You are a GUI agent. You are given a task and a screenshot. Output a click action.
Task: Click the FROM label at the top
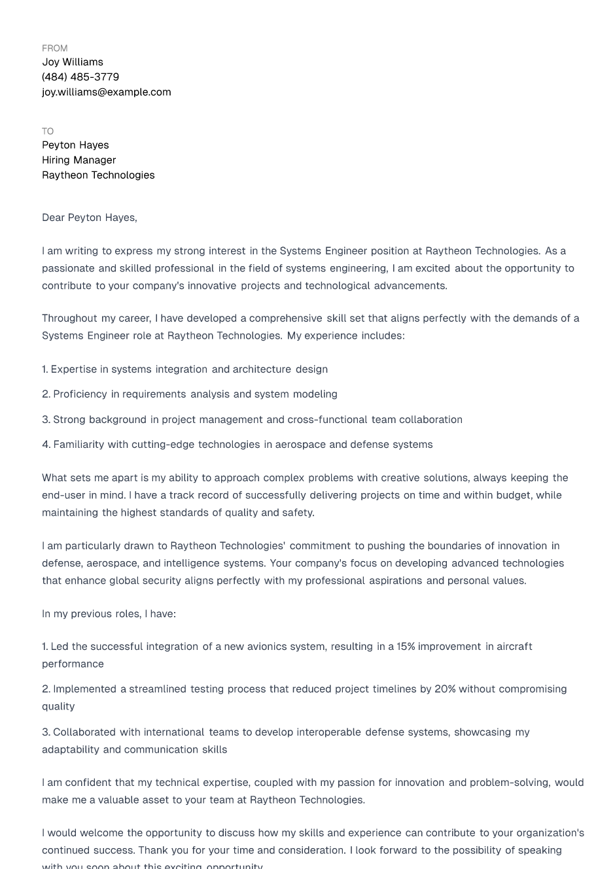tap(54, 48)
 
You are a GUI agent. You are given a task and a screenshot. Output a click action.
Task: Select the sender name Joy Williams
tap(73, 62)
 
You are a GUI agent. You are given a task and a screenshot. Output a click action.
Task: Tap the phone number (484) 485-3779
tap(80, 77)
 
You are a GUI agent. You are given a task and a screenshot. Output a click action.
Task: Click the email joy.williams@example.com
tap(107, 92)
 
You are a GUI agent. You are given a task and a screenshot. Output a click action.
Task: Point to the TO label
tap(48, 131)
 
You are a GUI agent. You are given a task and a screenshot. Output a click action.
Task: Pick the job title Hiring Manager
tap(79, 160)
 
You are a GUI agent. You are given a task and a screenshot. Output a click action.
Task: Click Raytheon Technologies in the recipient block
tap(98, 175)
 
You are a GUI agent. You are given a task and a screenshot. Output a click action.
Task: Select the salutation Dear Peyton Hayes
tap(89, 218)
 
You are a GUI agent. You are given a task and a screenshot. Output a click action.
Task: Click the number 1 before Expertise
tap(44, 369)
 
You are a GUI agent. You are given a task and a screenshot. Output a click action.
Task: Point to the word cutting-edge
tap(163, 445)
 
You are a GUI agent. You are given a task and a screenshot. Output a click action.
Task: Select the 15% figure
tap(406, 647)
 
